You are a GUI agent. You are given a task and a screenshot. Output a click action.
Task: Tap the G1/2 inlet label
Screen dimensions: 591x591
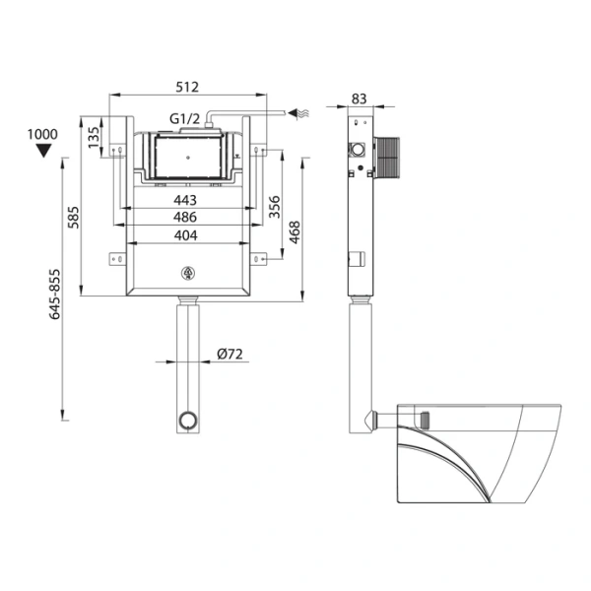pos(185,119)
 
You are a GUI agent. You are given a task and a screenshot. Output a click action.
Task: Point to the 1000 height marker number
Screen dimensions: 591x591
pos(43,134)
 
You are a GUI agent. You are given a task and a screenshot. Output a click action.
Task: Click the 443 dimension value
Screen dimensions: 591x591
pos(185,200)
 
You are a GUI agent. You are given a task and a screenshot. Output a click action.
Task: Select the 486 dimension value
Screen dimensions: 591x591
pos(185,218)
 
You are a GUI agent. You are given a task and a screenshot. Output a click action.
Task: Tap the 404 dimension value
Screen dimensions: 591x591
pos(185,235)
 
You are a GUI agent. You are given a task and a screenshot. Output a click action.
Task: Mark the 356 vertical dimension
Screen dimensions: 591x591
pos(274,206)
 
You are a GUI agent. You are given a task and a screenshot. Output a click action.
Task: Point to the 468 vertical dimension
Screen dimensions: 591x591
pos(294,231)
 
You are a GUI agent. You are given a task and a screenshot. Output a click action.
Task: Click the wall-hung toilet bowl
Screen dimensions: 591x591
pos(473,448)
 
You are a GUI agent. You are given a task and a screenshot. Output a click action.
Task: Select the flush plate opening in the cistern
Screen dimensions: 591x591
pos(187,156)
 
